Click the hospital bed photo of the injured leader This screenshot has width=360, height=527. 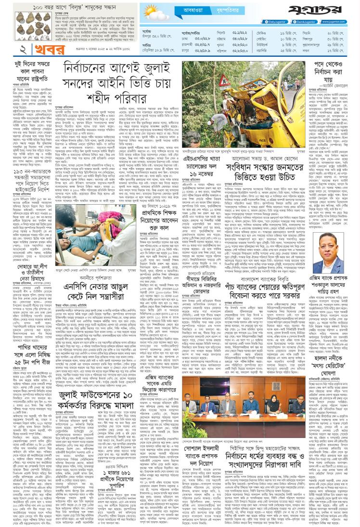pos(120,250)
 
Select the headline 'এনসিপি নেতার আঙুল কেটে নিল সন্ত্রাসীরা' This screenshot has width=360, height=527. pos(120,296)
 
